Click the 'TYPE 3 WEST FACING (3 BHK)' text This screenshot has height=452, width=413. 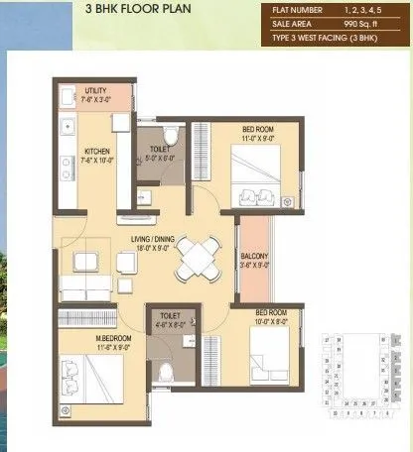click(330, 38)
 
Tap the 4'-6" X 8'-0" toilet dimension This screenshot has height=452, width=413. click(167, 324)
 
